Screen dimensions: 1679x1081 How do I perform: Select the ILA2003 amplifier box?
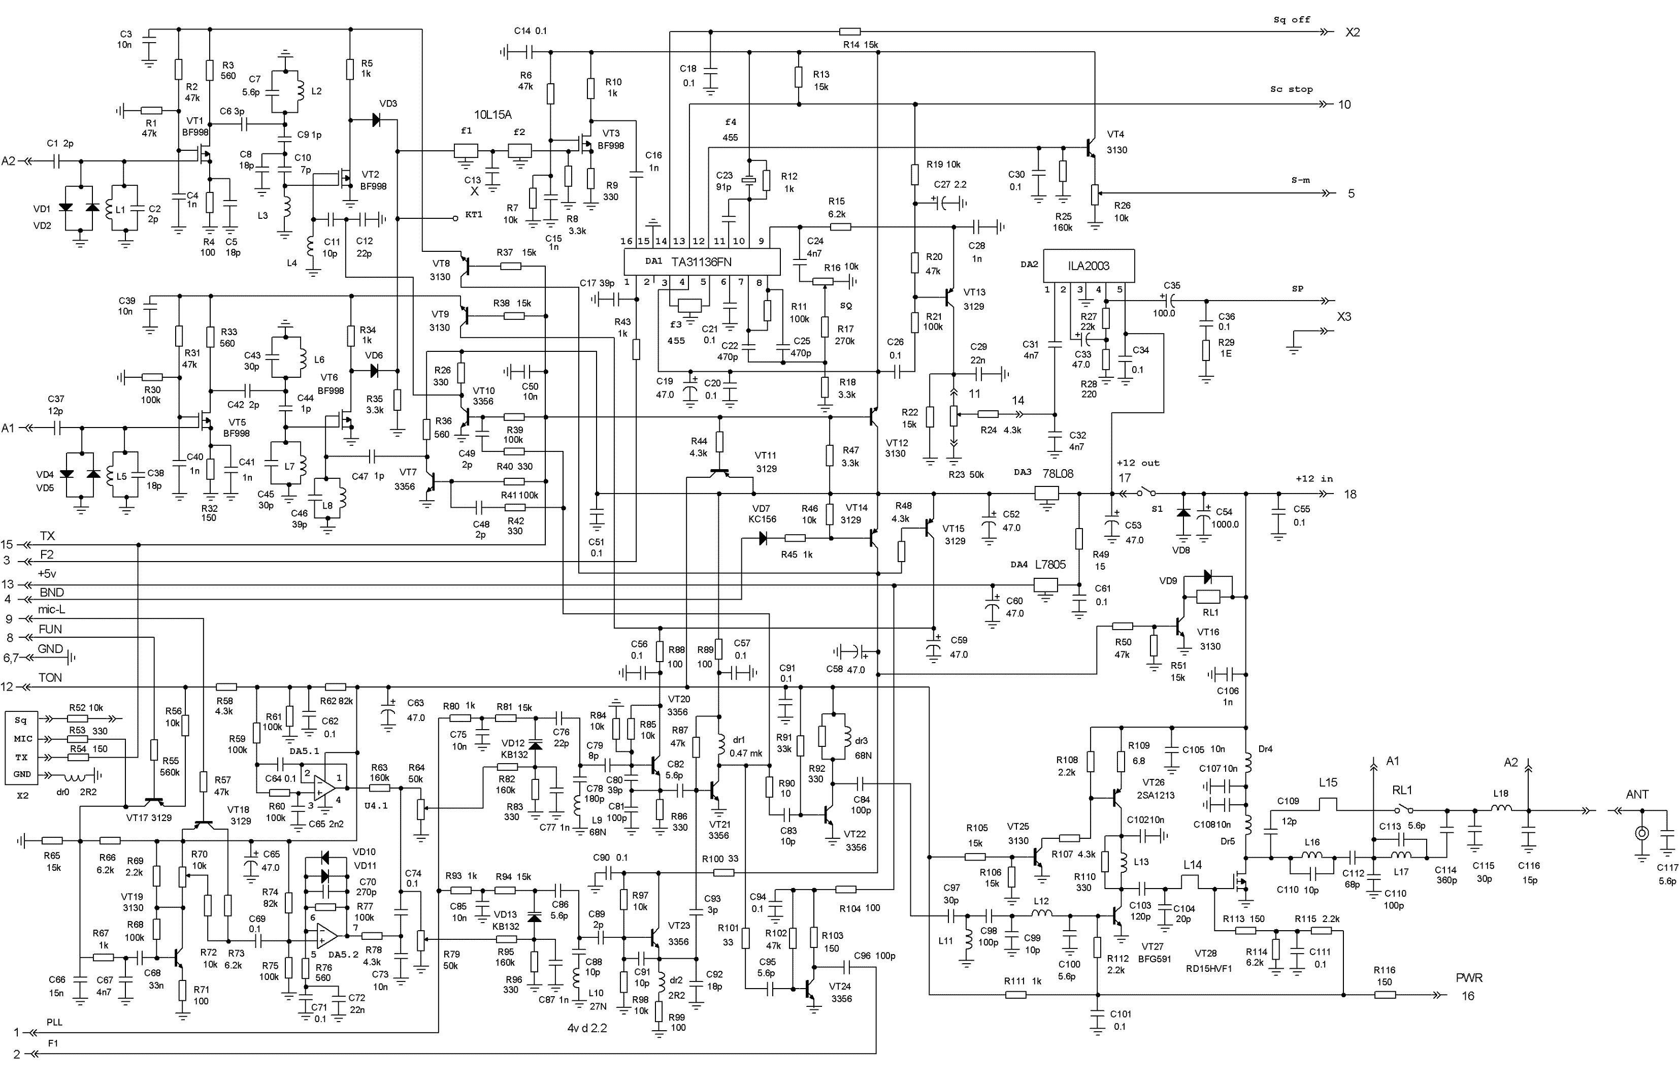(1089, 266)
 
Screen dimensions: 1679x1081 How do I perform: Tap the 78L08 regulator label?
(1058, 474)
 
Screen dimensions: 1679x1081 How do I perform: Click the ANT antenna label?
(1637, 794)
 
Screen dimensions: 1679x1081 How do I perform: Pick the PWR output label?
(1469, 978)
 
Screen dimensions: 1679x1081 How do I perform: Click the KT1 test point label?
(474, 214)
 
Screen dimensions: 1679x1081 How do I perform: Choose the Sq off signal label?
(1292, 20)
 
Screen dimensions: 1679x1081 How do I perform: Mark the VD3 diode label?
(388, 103)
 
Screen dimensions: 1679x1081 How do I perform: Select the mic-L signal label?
(51, 609)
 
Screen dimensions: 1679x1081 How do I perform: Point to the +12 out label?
(1138, 463)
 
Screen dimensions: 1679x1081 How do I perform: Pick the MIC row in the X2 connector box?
(23, 738)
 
